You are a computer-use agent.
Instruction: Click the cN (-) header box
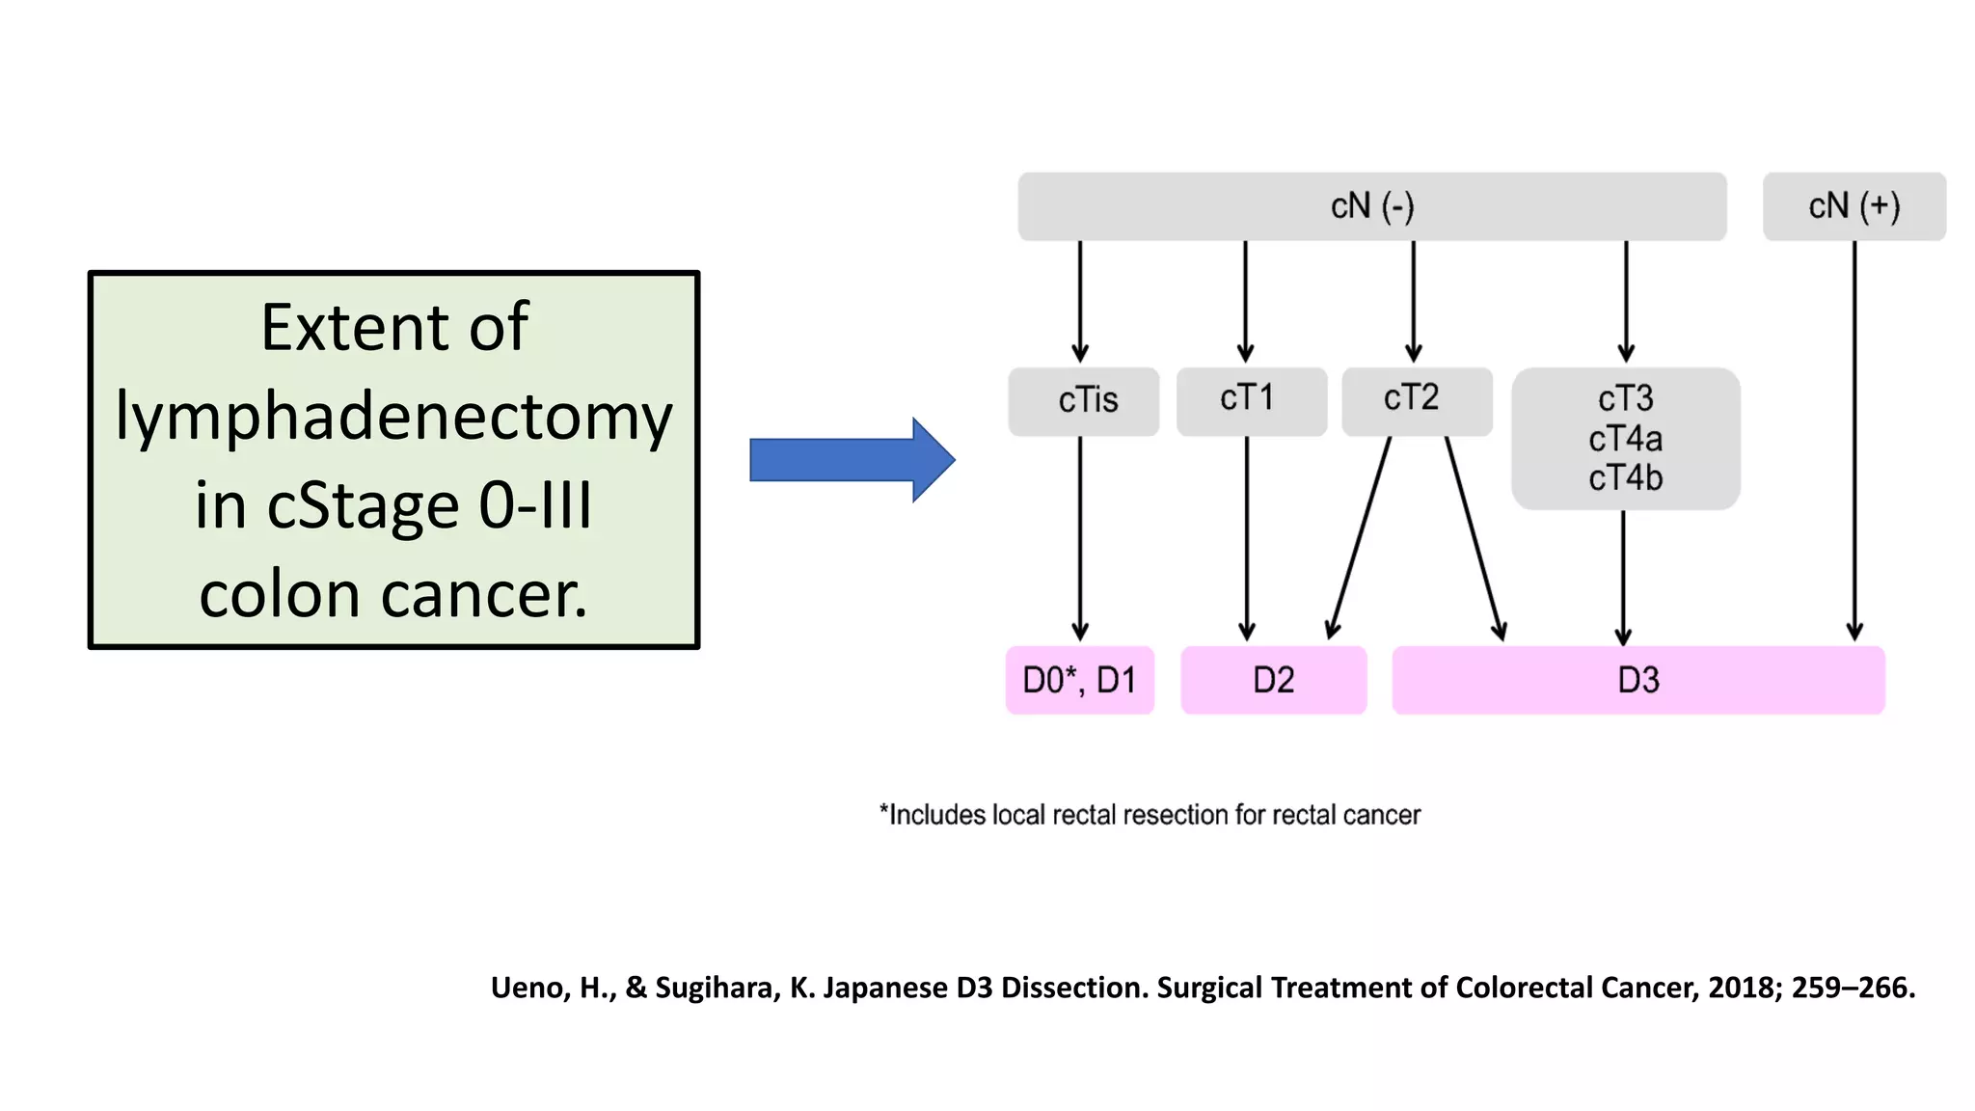1371,206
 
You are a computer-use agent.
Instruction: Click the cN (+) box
1853,206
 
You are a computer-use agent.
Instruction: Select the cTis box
1084,400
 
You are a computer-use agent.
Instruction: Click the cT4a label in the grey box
1625,439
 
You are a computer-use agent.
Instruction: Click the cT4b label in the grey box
1625,478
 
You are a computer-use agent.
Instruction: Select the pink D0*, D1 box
1079,680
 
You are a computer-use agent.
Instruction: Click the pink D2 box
1273,680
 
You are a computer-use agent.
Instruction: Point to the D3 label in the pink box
1637,680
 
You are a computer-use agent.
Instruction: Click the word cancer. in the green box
484,595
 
